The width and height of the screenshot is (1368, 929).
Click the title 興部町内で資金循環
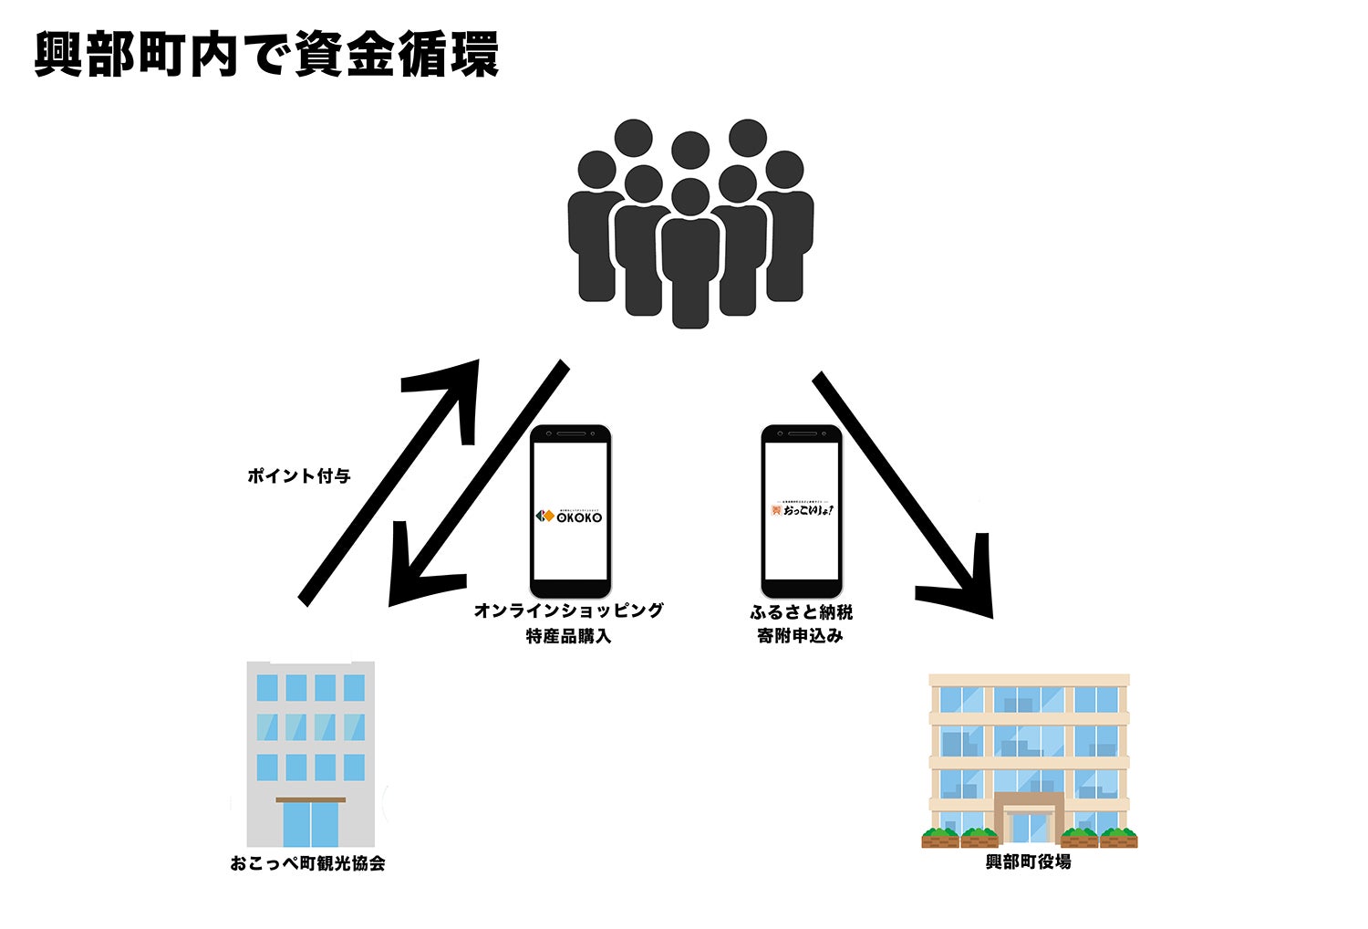(266, 55)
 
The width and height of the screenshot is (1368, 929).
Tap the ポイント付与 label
(299, 475)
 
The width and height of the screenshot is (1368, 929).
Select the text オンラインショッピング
(568, 611)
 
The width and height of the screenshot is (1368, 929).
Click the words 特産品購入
(568, 636)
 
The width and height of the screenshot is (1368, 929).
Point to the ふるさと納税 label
(801, 611)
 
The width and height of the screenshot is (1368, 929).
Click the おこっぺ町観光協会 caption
(308, 863)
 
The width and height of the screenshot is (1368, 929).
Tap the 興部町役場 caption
(1028, 861)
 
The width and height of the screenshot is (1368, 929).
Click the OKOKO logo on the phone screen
(569, 517)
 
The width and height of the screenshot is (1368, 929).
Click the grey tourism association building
(310, 730)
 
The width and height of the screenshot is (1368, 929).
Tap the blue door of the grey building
(310, 823)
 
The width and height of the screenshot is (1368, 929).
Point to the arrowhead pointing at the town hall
(967, 584)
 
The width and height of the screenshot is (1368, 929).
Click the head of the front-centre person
(689, 197)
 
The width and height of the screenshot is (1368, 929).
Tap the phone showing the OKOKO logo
(570, 511)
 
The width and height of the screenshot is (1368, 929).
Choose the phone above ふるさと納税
(802, 511)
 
